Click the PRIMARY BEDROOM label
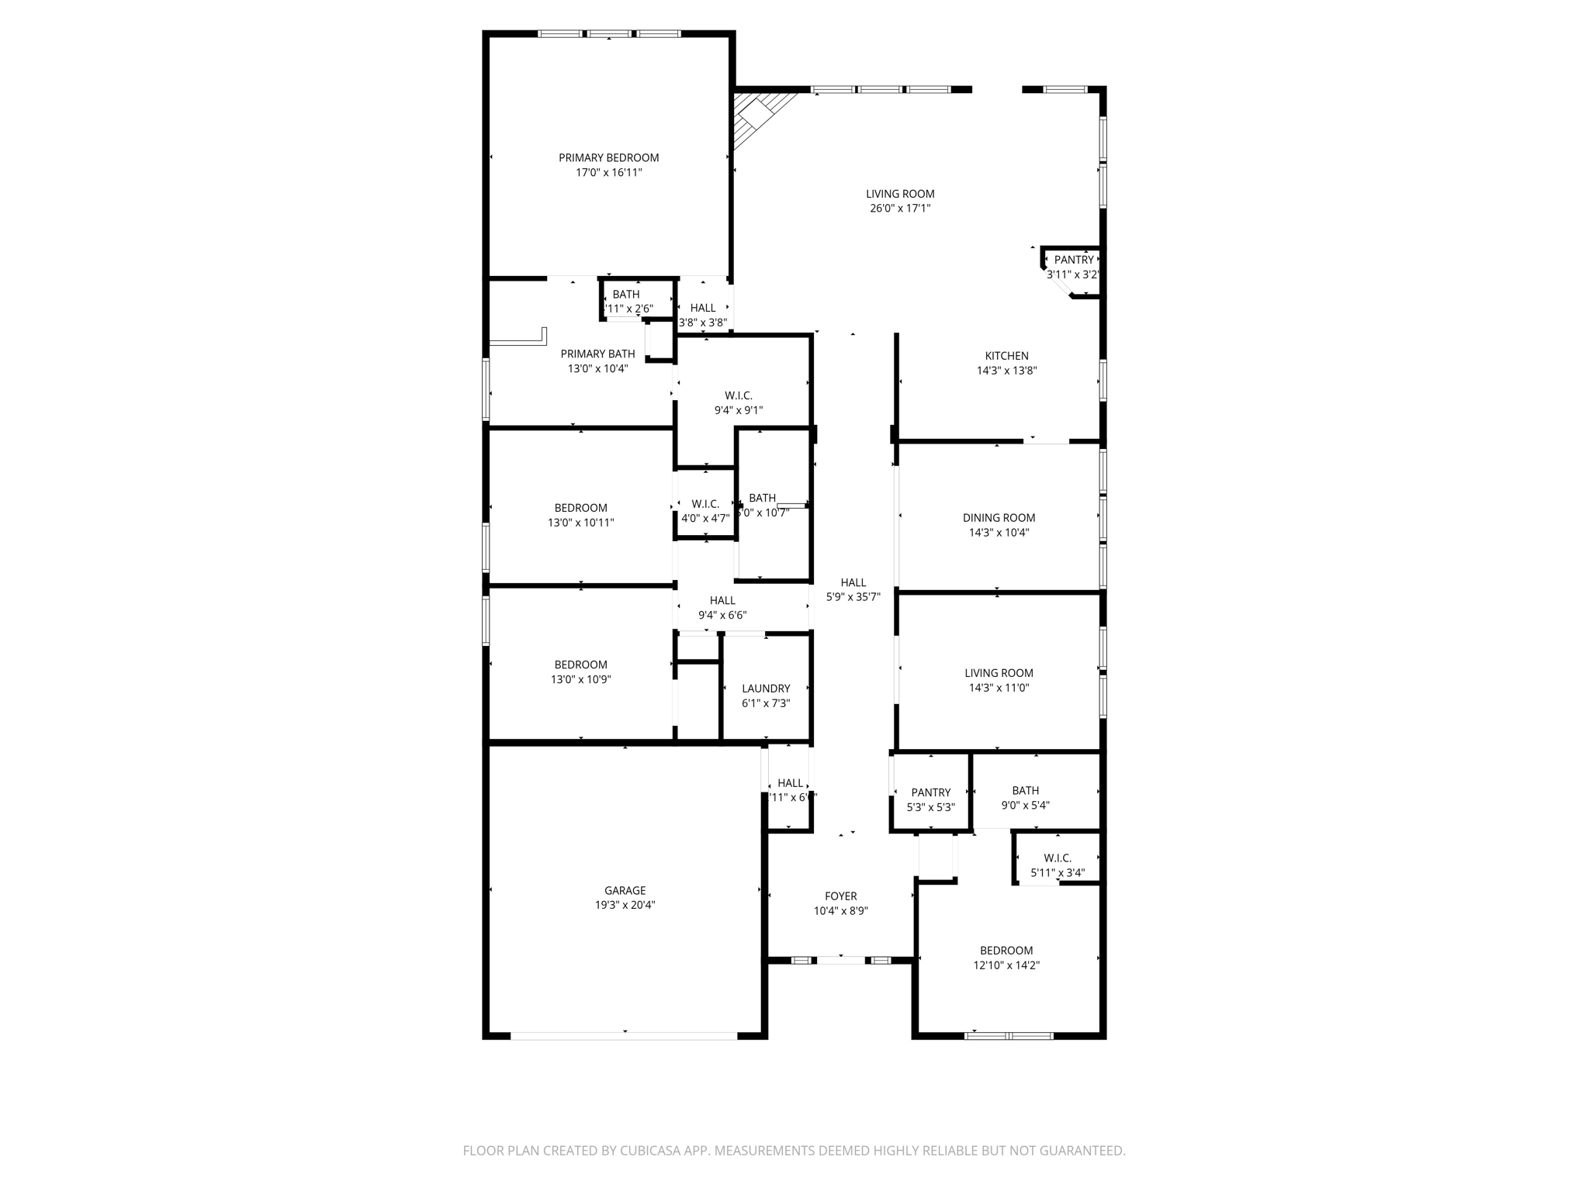pos(608,157)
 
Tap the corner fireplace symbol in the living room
pos(756,116)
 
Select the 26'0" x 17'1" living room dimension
pos(900,209)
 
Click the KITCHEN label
pos(1006,356)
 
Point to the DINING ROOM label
pos(999,518)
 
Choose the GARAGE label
pos(625,890)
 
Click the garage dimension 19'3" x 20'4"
pos(625,905)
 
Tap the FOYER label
pos(840,896)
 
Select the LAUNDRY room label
pos(766,689)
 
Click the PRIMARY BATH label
pos(597,354)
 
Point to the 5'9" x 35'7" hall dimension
pos(853,597)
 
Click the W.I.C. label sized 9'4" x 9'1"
pos(739,395)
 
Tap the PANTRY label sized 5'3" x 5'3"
pos(930,792)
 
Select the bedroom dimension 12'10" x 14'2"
pos(1006,965)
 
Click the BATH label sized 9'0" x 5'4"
pos(1025,791)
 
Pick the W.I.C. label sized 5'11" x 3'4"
pos(1058,858)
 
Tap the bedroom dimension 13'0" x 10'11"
pos(580,523)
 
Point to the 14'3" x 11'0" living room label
pos(999,673)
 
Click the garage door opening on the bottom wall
pos(624,1035)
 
